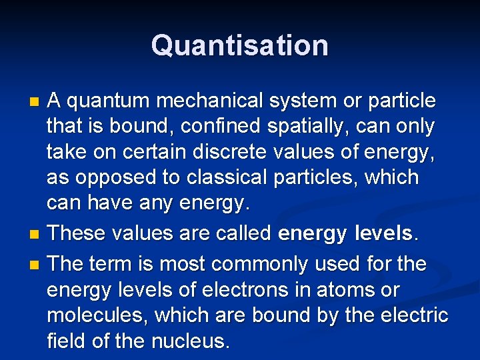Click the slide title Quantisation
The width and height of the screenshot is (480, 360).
coord(239,45)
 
